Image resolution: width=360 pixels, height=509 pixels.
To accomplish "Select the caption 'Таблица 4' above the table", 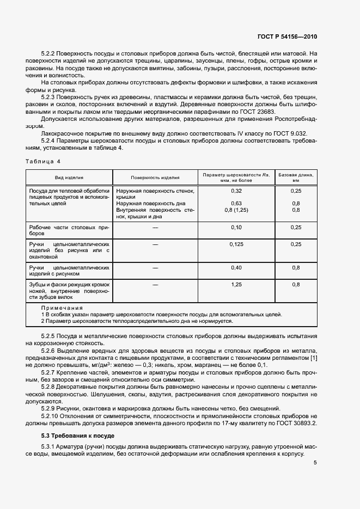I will (44, 161).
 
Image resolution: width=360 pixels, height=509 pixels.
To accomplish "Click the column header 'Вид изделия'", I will (69, 177).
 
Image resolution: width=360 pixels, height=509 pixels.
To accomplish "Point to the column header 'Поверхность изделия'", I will (155, 177).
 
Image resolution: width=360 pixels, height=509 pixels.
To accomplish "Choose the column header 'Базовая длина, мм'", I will (296, 177).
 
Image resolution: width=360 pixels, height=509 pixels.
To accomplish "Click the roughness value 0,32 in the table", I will (236, 191).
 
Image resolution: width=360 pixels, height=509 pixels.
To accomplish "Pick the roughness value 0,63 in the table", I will (236, 204).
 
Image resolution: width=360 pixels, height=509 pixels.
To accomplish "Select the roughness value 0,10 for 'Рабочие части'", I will (236, 226).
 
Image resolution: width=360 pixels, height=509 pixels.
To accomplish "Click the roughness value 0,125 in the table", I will (236, 245).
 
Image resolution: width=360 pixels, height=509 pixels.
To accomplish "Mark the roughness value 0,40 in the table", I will (236, 268).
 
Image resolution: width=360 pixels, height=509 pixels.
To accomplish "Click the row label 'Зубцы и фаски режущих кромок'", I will (69, 285).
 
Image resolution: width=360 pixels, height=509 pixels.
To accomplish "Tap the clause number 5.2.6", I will (49, 351).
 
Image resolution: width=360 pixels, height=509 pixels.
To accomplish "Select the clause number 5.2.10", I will (51, 415).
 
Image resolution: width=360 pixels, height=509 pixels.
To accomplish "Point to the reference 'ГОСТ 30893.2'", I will (297, 422).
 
